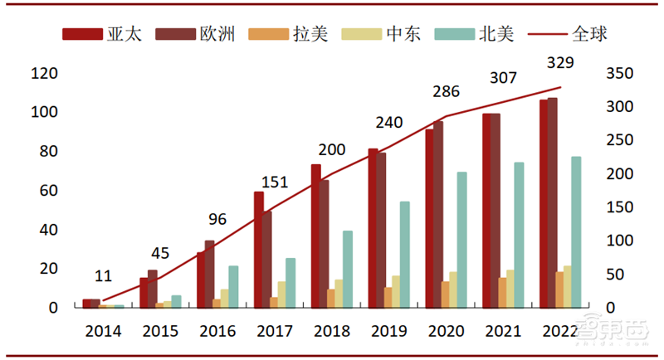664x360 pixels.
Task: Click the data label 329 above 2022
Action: point(561,63)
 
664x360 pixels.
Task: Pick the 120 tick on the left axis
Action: point(44,74)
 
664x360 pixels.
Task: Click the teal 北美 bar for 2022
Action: point(576,231)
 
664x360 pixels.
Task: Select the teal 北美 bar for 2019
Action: point(405,254)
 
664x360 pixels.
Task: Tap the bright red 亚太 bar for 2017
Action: point(259,250)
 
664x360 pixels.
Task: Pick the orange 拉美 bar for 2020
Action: point(446,294)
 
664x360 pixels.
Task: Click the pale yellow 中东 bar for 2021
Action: point(510,289)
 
